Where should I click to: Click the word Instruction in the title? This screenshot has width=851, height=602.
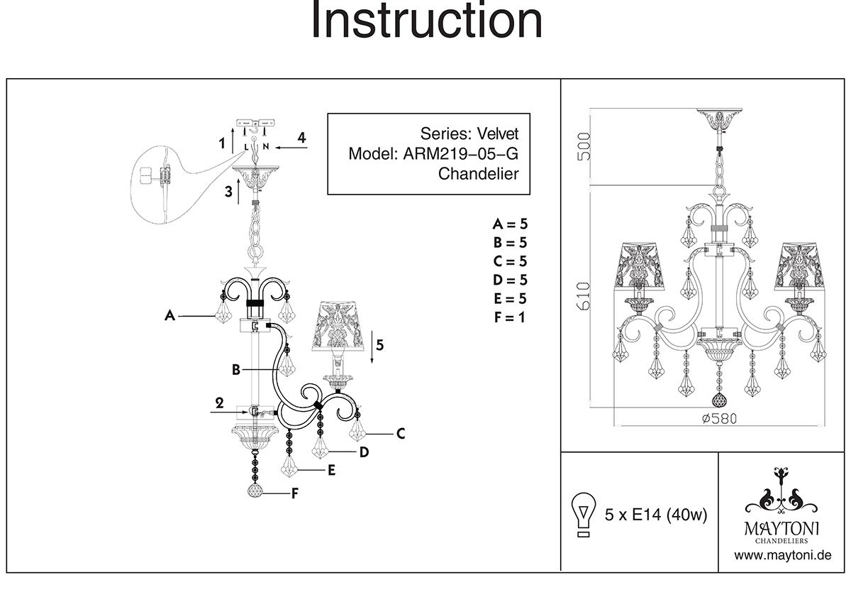pyautogui.click(x=426, y=21)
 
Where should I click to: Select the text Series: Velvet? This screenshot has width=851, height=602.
pyautogui.click(x=469, y=133)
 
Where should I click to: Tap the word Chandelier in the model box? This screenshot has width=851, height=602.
pyautogui.click(x=479, y=174)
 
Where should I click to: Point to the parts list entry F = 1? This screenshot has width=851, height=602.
pyautogui.click(x=510, y=317)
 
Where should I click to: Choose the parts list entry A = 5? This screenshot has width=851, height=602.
pyautogui.click(x=510, y=225)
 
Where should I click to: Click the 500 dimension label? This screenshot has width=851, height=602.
pyautogui.click(x=583, y=148)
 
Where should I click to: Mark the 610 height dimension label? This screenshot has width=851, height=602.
pyautogui.click(x=583, y=297)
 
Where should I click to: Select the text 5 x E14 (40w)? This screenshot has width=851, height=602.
pyautogui.click(x=656, y=515)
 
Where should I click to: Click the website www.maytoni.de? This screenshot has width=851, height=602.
pyautogui.click(x=782, y=555)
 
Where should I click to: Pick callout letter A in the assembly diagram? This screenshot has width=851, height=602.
pyautogui.click(x=169, y=317)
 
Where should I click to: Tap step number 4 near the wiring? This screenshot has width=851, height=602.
pyautogui.click(x=301, y=137)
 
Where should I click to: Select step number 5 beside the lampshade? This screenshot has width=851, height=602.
pyautogui.click(x=380, y=346)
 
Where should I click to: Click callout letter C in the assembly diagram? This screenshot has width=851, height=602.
pyautogui.click(x=401, y=434)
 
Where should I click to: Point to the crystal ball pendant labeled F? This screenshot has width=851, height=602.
pyautogui.click(x=255, y=491)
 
